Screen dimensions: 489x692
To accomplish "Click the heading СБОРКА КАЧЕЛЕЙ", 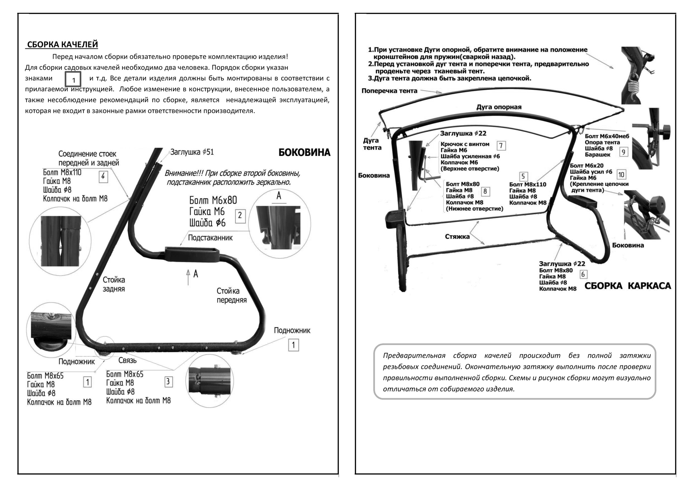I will [62, 45].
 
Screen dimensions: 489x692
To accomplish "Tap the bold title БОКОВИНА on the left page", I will [304, 153].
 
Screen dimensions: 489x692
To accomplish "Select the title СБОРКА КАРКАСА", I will [628, 286].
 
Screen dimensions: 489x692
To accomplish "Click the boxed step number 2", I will [240, 216].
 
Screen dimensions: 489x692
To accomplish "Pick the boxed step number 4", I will [103, 177].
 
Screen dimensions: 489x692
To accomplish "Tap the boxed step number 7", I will [501, 146].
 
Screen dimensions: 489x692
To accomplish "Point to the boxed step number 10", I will [621, 175].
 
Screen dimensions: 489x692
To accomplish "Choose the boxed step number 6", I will [583, 274].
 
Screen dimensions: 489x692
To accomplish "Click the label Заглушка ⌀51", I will [192, 152].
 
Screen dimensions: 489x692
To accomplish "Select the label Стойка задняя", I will [114, 284].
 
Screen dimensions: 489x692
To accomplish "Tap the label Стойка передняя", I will [231, 295].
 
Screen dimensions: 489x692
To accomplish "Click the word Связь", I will [127, 360].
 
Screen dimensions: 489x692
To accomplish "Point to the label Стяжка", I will [457, 237].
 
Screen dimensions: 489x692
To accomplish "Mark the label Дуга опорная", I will [499, 107].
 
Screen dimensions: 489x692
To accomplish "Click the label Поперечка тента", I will [389, 91].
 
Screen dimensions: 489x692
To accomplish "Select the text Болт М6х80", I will [213, 200].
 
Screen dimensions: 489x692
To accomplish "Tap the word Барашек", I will [598, 155].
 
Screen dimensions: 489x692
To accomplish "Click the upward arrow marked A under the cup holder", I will [188, 277].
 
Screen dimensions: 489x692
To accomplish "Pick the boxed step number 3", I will [168, 382].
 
